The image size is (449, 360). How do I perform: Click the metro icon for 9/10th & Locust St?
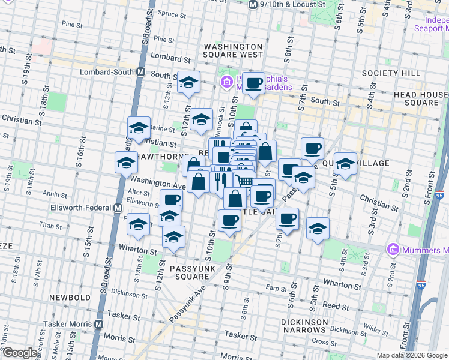(253, 4)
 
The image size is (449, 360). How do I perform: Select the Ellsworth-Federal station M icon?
(118, 208)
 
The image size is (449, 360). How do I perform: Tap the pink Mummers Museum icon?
(394, 249)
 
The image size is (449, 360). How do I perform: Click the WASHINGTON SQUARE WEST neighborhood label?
(234, 50)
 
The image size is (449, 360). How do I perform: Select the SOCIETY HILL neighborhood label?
(391, 73)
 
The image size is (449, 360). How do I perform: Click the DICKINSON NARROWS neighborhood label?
(305, 326)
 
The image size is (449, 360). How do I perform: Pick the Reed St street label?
(332, 305)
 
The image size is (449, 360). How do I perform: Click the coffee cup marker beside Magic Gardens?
(253, 83)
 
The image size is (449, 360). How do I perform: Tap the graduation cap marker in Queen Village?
(345, 163)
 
